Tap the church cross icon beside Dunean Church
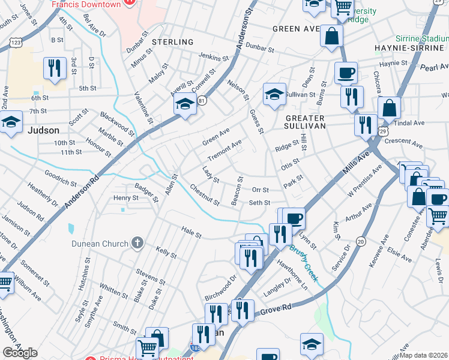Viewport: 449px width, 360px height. [137, 243]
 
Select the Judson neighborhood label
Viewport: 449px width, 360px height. [43, 130]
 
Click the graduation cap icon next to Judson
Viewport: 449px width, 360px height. [11, 122]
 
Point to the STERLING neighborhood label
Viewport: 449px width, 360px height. [172, 42]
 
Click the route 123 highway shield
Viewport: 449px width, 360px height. [16, 43]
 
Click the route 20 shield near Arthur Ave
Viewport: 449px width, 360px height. [360, 241]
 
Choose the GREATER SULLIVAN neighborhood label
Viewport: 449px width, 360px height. [305, 122]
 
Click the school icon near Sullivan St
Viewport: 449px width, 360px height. [274, 94]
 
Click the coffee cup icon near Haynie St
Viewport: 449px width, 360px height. [346, 73]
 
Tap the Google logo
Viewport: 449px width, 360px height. [20, 352]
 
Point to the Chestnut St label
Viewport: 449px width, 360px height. [204, 194]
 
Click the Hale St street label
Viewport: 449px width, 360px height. [191, 231]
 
